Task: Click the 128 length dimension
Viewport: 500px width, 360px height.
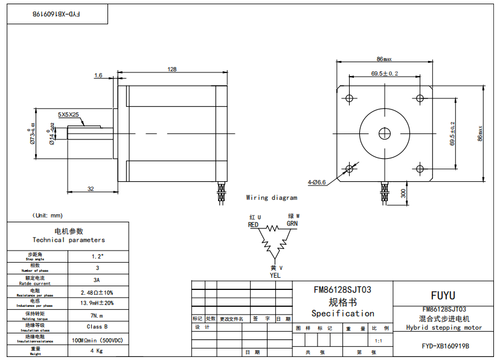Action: pyautogui.click(x=172, y=69)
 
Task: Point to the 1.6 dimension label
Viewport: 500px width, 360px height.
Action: pyautogui.click(x=98, y=76)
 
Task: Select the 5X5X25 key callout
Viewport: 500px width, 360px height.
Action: pyautogui.click(x=68, y=114)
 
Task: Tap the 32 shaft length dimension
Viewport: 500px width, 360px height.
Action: pyautogui.click(x=91, y=188)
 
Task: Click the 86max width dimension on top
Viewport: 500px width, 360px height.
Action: pyautogui.click(x=384, y=59)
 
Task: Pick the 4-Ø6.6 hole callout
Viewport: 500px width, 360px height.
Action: pyautogui.click(x=316, y=181)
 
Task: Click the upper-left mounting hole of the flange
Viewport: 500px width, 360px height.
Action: pyautogui.click(x=349, y=98)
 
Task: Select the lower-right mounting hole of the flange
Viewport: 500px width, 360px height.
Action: pyautogui.click(x=420, y=168)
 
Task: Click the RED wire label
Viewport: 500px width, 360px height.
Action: pyautogui.click(x=254, y=225)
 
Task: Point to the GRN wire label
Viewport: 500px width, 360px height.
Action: pyautogui.click(x=292, y=223)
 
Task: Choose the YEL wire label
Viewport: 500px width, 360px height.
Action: pyautogui.click(x=275, y=275)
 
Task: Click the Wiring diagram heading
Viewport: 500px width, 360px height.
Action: pyautogui.click(x=272, y=198)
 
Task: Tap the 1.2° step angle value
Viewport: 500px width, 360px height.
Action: pyautogui.click(x=97, y=256)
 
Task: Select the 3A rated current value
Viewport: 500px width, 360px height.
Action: pyautogui.click(x=97, y=280)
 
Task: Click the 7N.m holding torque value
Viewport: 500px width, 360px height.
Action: pyautogui.click(x=97, y=315)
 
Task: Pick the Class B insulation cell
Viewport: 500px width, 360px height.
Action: pyautogui.click(x=97, y=327)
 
